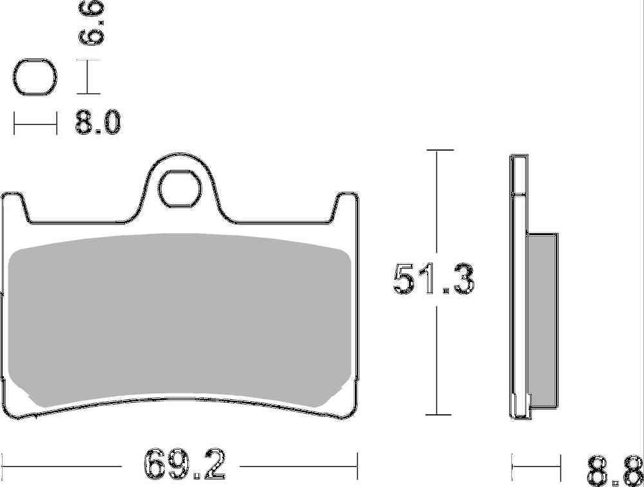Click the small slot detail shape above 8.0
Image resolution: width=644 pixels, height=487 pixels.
(x=34, y=79)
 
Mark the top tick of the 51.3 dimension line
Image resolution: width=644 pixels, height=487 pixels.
(x=437, y=150)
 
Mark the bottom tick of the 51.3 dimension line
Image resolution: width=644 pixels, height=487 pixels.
(x=437, y=414)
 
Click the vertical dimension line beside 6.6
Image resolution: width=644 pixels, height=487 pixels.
(x=88, y=77)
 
